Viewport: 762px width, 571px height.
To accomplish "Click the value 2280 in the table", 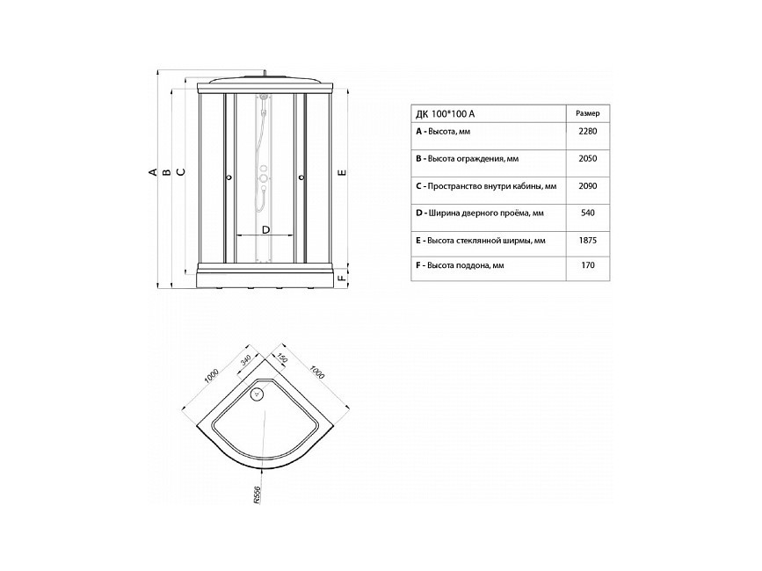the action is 587,131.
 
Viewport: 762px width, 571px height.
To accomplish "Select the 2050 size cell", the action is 587,158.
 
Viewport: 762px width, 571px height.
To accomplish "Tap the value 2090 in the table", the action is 587,186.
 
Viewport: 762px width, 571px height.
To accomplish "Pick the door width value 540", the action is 587,213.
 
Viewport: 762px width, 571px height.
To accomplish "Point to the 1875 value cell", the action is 587,241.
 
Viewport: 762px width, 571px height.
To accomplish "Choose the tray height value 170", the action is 587,265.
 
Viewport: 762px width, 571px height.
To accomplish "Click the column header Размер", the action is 587,113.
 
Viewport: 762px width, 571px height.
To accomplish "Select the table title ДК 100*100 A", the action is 445,114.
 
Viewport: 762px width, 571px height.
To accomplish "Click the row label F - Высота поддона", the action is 460,265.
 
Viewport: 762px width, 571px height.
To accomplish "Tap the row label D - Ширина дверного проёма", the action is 480,213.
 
